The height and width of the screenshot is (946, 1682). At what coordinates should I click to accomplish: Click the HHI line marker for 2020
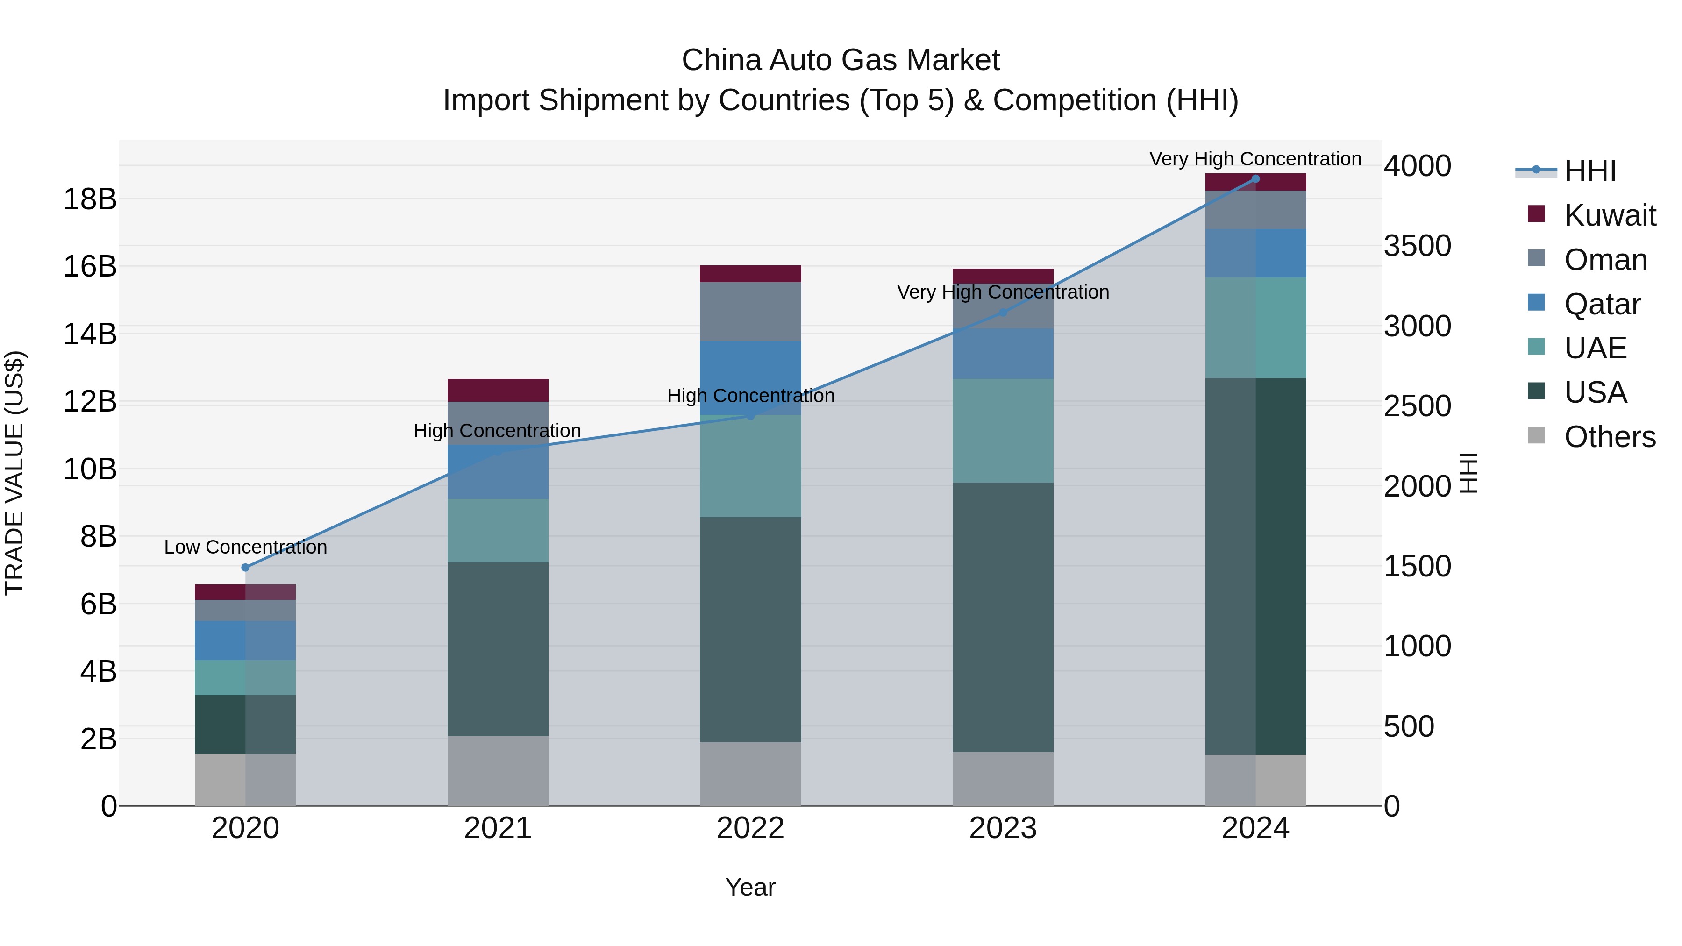coord(245,567)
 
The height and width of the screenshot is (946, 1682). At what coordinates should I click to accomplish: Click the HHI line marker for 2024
coord(1255,178)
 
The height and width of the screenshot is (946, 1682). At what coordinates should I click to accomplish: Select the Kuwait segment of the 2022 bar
coord(750,274)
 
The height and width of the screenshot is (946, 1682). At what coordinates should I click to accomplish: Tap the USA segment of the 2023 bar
coord(1003,617)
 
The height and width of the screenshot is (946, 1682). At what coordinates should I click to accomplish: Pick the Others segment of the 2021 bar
coord(498,770)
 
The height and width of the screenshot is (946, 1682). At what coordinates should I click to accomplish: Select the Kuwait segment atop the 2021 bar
coord(498,390)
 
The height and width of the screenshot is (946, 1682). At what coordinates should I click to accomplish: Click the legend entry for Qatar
coord(1602,304)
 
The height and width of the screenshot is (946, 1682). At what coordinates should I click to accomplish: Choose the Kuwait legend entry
coord(1610,215)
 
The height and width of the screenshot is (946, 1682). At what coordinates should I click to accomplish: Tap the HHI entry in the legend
coord(1590,171)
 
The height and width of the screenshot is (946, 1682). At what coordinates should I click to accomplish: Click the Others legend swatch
coord(1536,435)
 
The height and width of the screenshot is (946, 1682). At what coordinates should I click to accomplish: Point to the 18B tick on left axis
coord(90,199)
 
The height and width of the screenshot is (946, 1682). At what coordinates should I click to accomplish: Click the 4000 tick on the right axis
coord(1417,166)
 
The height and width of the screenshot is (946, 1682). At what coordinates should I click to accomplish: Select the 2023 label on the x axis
coord(1003,828)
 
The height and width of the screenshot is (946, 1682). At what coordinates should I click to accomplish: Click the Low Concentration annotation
coord(245,547)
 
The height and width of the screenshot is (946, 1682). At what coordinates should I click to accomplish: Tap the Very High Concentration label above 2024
coord(1255,159)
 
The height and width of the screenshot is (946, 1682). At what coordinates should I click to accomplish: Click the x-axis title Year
coord(750,887)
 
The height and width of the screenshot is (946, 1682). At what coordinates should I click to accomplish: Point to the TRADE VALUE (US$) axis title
coord(14,473)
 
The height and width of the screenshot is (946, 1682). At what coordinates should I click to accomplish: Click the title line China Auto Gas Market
coord(841,60)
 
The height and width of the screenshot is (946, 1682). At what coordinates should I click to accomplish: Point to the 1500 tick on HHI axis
coord(1417,566)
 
